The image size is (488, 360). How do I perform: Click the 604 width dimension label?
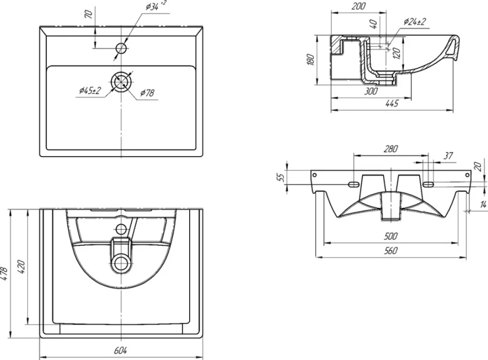point(120,350)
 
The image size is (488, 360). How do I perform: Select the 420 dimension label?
point(22,267)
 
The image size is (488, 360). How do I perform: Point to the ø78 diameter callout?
point(147,93)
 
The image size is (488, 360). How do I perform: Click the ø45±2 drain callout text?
point(90,91)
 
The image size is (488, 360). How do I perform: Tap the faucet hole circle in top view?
point(121,48)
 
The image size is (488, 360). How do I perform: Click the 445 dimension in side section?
point(391,103)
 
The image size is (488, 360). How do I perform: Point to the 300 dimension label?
point(371,91)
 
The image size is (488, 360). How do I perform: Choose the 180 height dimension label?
point(310,59)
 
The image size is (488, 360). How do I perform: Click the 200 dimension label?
point(358,6)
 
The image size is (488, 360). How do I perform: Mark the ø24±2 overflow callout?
point(415,22)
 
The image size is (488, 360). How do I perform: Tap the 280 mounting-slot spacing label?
point(390,149)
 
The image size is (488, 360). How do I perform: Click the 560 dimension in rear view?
point(390,250)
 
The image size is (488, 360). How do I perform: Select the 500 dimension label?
point(390,236)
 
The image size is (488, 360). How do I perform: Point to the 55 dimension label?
point(281,178)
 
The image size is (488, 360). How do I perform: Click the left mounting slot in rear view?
point(354,184)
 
